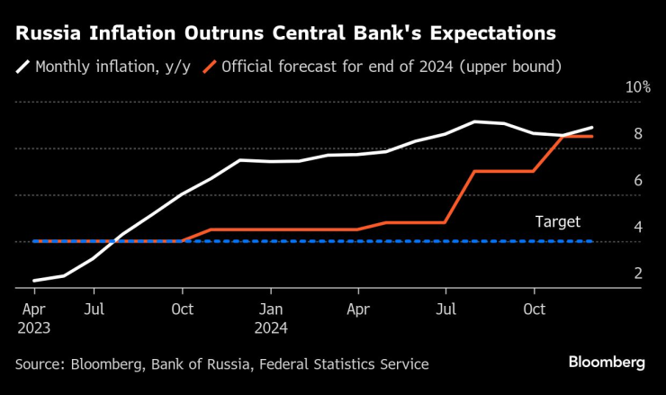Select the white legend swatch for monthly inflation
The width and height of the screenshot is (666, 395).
pyautogui.click(x=22, y=66)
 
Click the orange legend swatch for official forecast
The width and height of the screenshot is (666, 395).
pyautogui.click(x=209, y=66)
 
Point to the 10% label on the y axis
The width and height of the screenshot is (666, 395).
pyautogui.click(x=637, y=87)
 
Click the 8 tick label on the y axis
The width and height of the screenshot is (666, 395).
pyautogui.click(x=637, y=134)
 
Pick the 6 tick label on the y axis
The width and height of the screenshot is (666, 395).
pyautogui.click(x=637, y=181)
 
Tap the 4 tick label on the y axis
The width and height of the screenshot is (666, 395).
pyautogui.click(x=637, y=228)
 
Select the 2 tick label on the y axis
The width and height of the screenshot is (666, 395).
pyautogui.click(x=637, y=274)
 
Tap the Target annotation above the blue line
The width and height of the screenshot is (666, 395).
pyautogui.click(x=558, y=221)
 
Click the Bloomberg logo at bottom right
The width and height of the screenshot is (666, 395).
pyautogui.click(x=607, y=363)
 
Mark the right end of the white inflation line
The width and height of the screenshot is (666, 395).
pyautogui.click(x=592, y=128)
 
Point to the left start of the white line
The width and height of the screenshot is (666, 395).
pyautogui.click(x=34, y=281)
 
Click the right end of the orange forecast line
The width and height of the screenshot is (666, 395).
pyautogui.click(x=592, y=136)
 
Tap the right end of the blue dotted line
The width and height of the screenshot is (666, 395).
pyautogui.click(x=592, y=241)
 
